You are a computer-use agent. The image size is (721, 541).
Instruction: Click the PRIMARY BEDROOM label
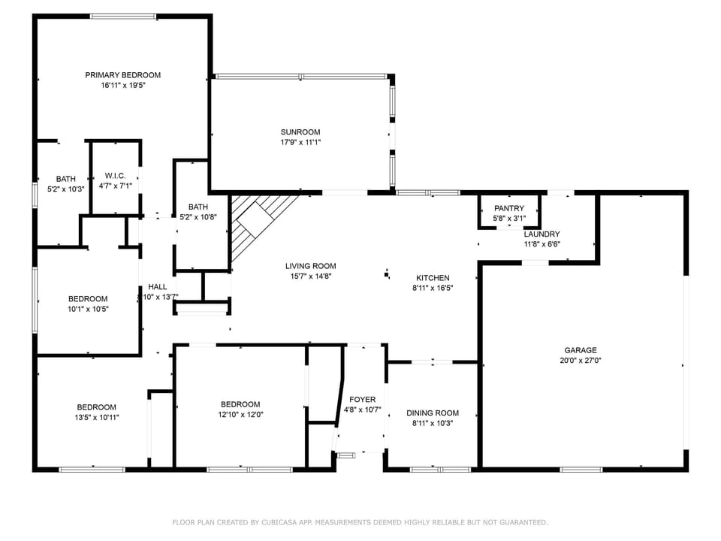[122, 75]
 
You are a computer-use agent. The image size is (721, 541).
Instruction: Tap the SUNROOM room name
[300, 131]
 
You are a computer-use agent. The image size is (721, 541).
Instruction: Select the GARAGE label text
[581, 350]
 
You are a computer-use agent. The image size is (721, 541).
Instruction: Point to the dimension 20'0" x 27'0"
[581, 361]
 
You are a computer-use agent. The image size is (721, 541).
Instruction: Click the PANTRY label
[509, 208]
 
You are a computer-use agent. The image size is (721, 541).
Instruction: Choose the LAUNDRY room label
[542, 234]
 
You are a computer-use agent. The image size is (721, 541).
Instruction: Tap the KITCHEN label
[433, 278]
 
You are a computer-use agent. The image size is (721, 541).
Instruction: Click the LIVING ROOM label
[310, 266]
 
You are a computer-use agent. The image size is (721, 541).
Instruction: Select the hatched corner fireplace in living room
[255, 222]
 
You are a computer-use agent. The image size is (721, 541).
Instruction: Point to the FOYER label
[363, 400]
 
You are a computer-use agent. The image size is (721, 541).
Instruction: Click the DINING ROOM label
[433, 413]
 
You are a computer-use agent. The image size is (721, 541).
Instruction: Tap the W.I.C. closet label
[115, 175]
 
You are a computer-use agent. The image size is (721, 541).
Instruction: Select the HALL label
[158, 287]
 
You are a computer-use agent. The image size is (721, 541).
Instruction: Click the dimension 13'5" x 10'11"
[96, 417]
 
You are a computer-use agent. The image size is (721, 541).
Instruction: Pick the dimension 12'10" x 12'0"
[240, 414]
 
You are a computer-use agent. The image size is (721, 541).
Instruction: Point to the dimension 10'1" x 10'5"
[88, 309]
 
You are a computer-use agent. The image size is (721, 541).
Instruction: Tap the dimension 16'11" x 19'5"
[122, 86]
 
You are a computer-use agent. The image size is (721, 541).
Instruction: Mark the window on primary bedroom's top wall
[123, 16]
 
